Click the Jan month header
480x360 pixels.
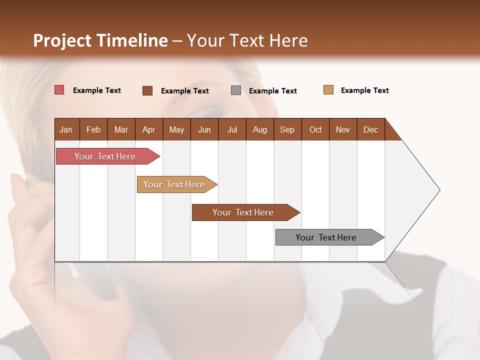(66, 129)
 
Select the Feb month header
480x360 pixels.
(93, 129)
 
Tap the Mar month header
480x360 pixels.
(121, 129)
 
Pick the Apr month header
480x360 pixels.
(149, 129)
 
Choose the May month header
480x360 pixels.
(176, 129)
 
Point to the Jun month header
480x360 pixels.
(204, 129)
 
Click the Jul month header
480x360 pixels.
(232, 129)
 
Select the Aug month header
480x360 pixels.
(259, 129)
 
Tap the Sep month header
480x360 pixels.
(287, 129)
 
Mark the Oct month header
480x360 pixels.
(315, 129)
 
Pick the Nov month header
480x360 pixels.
(343, 129)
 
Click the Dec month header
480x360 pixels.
(370, 129)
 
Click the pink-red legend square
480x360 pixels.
(59, 90)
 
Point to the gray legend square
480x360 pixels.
(236, 90)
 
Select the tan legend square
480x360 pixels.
(328, 90)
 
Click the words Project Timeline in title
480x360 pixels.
(100, 40)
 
